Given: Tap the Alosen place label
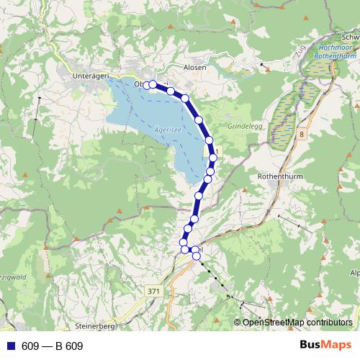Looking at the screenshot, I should (194, 67).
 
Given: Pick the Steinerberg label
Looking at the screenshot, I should (94, 326).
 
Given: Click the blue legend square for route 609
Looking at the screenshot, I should (11, 346).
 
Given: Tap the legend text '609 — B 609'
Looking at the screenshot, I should (52, 346).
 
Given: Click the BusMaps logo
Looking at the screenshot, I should (325, 346).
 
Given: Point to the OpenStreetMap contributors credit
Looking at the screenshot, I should (297, 323).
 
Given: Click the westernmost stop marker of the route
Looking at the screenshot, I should (147, 85).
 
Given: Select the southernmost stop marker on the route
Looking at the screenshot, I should (196, 256).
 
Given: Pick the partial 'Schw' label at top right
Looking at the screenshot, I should (351, 37).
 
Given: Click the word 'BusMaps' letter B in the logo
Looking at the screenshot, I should (304, 346).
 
